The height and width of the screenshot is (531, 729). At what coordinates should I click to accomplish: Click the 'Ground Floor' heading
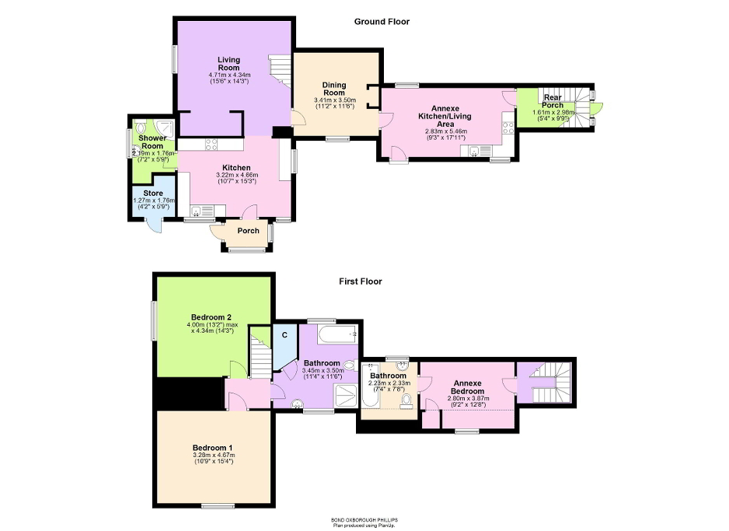(x=382, y=22)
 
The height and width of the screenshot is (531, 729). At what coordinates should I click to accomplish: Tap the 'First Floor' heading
(x=360, y=281)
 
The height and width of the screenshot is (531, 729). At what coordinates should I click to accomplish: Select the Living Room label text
(x=228, y=64)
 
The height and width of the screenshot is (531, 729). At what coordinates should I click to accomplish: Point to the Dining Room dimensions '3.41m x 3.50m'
(x=334, y=100)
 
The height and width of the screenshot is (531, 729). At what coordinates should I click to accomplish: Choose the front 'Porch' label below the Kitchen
(x=248, y=231)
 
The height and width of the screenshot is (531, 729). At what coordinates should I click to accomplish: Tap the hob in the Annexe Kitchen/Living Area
(x=508, y=126)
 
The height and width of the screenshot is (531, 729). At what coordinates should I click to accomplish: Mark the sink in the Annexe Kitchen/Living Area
(x=476, y=151)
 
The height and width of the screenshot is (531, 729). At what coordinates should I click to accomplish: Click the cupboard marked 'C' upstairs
(x=284, y=335)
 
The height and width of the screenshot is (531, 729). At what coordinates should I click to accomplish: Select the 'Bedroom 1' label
(x=212, y=448)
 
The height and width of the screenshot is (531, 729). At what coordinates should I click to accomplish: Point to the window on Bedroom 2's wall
(x=153, y=320)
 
